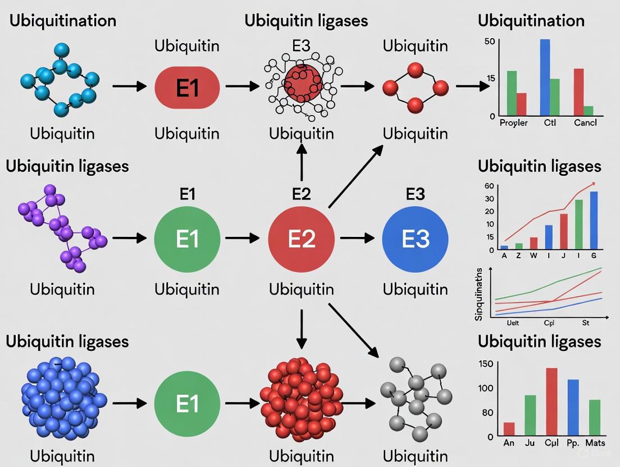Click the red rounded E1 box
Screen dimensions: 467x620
(x=187, y=87)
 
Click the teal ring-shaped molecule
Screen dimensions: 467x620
(x=59, y=84)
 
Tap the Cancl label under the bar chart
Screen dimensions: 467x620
(x=585, y=123)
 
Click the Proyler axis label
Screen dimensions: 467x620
(x=513, y=123)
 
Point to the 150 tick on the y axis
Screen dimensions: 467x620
(x=486, y=364)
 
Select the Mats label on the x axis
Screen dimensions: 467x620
(x=596, y=443)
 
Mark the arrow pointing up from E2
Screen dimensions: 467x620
(x=302, y=163)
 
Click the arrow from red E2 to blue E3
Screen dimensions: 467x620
(x=357, y=238)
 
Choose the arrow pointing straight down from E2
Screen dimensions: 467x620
(x=302, y=328)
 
